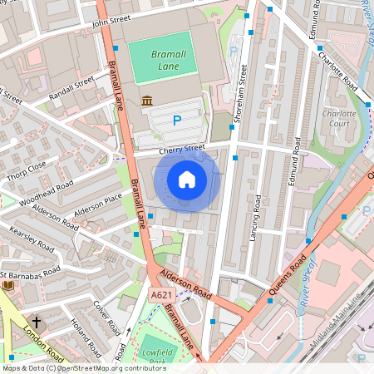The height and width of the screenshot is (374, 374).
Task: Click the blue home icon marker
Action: pyautogui.click(x=187, y=179)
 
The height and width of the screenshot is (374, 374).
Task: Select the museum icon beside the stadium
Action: pyautogui.click(x=147, y=101)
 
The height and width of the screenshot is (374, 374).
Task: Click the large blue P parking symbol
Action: pyautogui.click(x=176, y=121)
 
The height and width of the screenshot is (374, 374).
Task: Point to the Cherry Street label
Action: pyautogui.click(x=181, y=150)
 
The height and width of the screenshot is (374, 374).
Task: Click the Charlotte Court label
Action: pyautogui.click(x=338, y=119)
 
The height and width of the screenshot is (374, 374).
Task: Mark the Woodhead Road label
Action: pyautogui.click(x=47, y=192)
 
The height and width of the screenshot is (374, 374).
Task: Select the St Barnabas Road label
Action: pyautogui.click(x=32, y=273)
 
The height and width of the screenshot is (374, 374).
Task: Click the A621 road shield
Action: pyautogui.click(x=161, y=295)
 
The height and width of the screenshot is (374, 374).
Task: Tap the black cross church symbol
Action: pyautogui.click(x=36, y=321)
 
